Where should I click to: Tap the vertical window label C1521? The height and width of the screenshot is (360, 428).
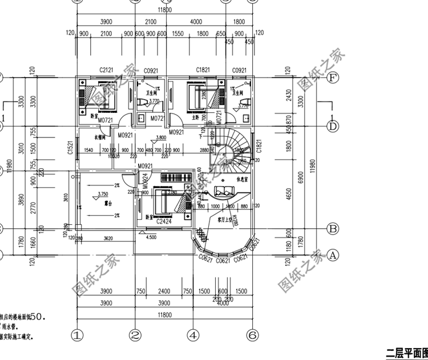[70, 148]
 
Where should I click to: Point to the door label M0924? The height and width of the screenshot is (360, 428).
[145, 181]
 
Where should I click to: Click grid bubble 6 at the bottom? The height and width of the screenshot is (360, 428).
[250, 334]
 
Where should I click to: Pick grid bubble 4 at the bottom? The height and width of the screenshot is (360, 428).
[193, 334]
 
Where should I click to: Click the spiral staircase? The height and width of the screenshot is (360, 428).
[235, 148]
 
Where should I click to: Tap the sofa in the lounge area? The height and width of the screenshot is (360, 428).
[219, 191]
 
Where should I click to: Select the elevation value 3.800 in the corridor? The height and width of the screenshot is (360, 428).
[160, 138]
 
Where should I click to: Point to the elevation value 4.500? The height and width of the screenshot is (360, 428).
[152, 237]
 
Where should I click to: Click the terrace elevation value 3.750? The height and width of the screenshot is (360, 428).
[103, 194]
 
